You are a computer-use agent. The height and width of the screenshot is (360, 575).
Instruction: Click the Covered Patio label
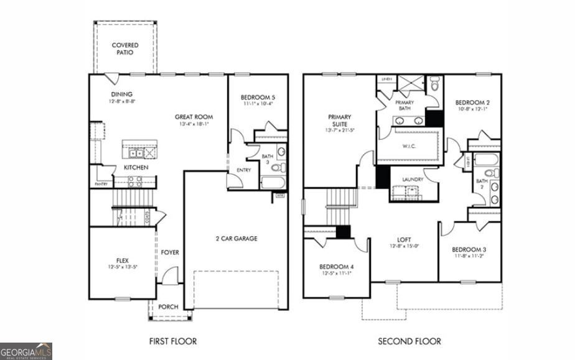click(x=125, y=49)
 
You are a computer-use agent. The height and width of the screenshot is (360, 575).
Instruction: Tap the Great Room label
click(x=194, y=116)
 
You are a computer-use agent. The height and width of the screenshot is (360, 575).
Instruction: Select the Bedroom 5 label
click(x=258, y=98)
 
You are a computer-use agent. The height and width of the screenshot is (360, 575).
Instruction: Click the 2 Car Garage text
click(x=236, y=239)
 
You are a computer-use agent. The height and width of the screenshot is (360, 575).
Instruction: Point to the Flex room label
click(x=122, y=261)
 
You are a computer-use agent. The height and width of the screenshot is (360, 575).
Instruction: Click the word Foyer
click(x=170, y=252)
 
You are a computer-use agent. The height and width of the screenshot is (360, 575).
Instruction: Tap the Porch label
click(x=168, y=307)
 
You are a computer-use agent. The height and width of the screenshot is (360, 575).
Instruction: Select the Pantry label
click(x=101, y=184)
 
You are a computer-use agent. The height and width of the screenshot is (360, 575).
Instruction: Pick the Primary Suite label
click(x=339, y=121)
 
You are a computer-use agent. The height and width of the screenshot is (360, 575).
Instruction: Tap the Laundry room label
click(x=413, y=180)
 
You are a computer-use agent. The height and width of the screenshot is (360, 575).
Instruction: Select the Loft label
click(x=404, y=239)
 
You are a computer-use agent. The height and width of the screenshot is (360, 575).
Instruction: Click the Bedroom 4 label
click(x=337, y=266)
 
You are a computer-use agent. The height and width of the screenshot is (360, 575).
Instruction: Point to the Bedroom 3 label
click(x=470, y=249)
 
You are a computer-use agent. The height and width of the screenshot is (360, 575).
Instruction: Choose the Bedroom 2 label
click(x=472, y=103)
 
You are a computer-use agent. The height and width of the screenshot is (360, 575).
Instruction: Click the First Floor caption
click(x=173, y=341)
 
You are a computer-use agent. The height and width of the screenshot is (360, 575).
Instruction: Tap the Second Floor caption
click(x=409, y=341)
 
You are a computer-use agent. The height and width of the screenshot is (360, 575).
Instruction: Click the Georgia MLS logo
click(x=26, y=351)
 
